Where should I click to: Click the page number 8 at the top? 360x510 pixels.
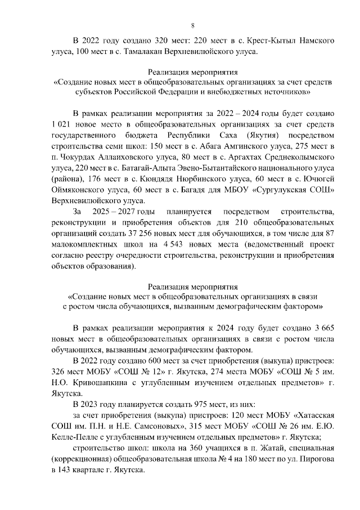pos(192,25)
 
